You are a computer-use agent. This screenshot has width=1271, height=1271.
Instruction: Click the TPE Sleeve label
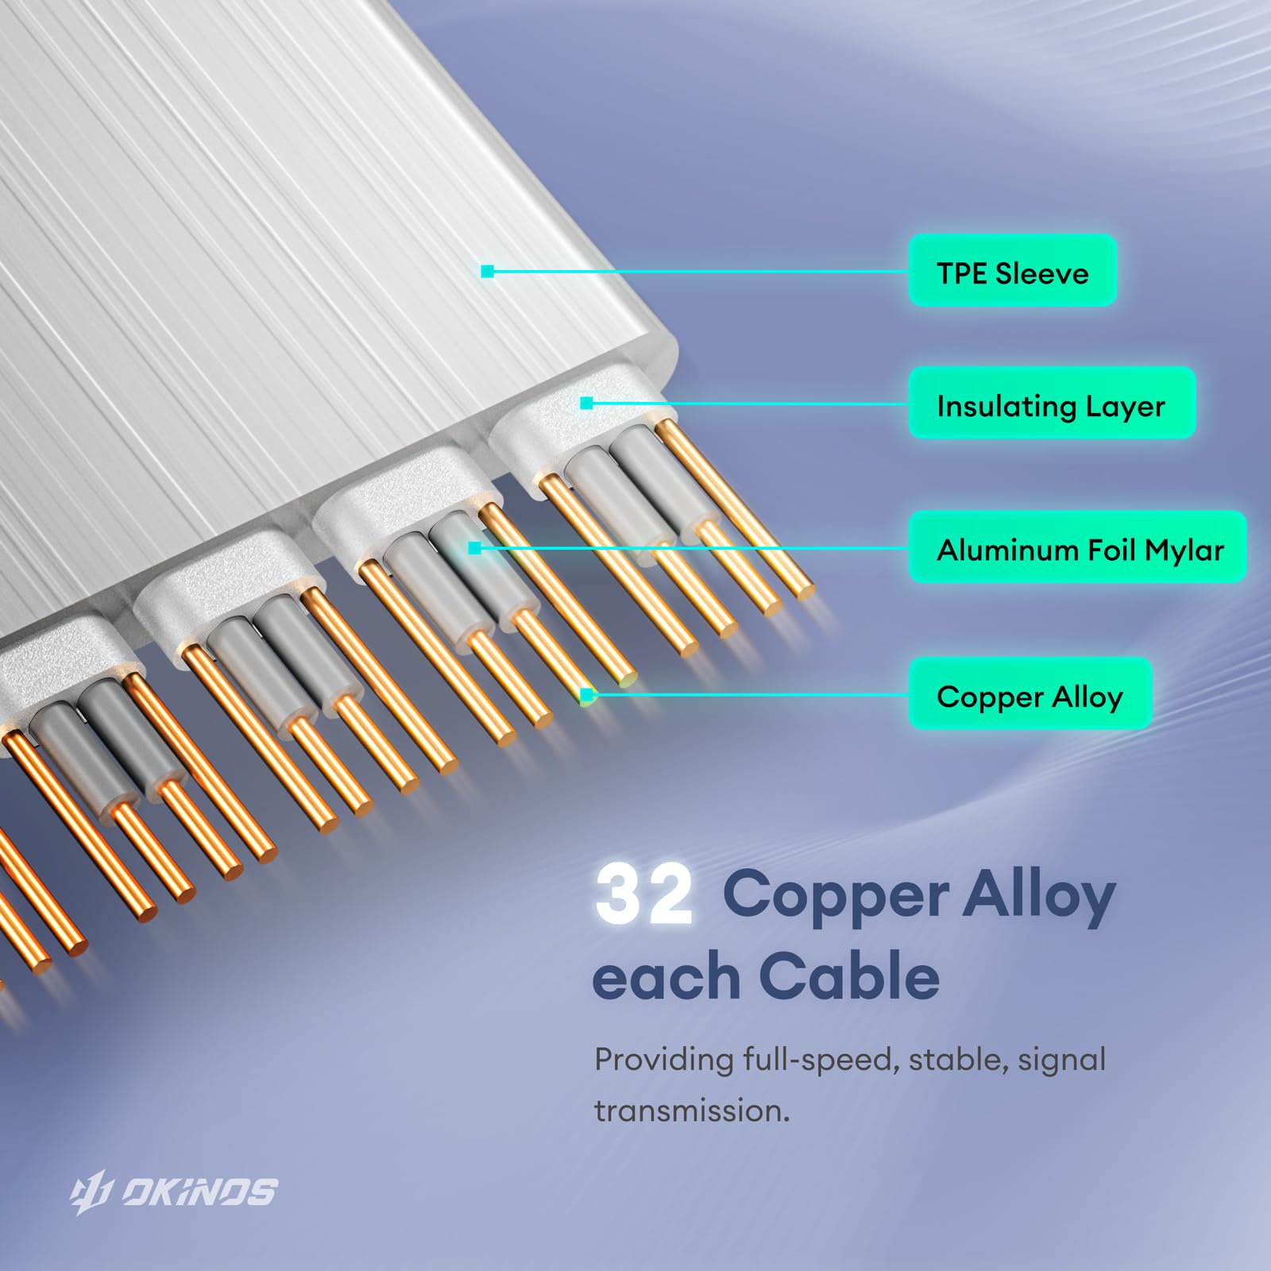(1012, 271)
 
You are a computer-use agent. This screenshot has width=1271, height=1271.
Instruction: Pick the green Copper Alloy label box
(1030, 694)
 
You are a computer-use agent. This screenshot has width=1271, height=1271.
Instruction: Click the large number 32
(643, 896)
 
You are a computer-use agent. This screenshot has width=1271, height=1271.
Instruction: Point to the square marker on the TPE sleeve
(488, 272)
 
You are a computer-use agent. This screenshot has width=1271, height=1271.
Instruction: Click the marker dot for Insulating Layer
(586, 404)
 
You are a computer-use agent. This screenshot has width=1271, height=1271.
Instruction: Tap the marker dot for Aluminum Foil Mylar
(474, 548)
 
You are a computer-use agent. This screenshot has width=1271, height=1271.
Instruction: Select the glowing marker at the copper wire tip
(587, 696)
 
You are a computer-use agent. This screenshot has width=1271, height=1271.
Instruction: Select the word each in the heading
(666, 978)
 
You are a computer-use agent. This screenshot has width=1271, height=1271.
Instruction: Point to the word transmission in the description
(692, 1111)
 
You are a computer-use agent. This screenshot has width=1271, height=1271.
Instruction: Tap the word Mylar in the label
(1184, 550)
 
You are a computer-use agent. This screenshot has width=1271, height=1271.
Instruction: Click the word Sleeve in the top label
(1041, 272)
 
